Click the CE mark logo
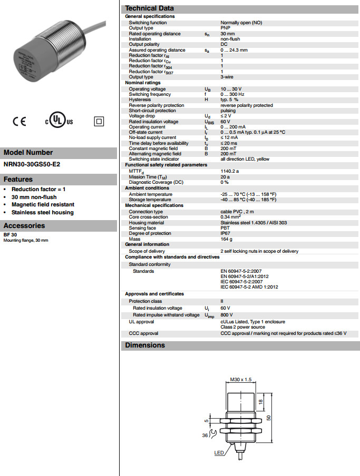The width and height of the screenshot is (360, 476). (x=19, y=122)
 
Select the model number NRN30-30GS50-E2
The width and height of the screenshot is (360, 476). (x=32, y=164)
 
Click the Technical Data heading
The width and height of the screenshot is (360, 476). (x=149, y=8)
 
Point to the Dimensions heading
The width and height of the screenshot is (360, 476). (x=145, y=345)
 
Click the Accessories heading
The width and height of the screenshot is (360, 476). (x=25, y=226)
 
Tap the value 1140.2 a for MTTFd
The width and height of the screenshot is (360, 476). (x=230, y=171)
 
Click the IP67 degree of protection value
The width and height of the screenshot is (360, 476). (x=225, y=233)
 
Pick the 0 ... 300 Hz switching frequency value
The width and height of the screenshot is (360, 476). (x=233, y=94)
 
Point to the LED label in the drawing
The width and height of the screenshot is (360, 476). (x=219, y=452)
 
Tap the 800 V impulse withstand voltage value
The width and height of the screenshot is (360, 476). (x=226, y=315)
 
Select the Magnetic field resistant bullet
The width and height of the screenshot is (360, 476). (x=43, y=204)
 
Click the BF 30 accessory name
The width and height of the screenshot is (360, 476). (x=9, y=235)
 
